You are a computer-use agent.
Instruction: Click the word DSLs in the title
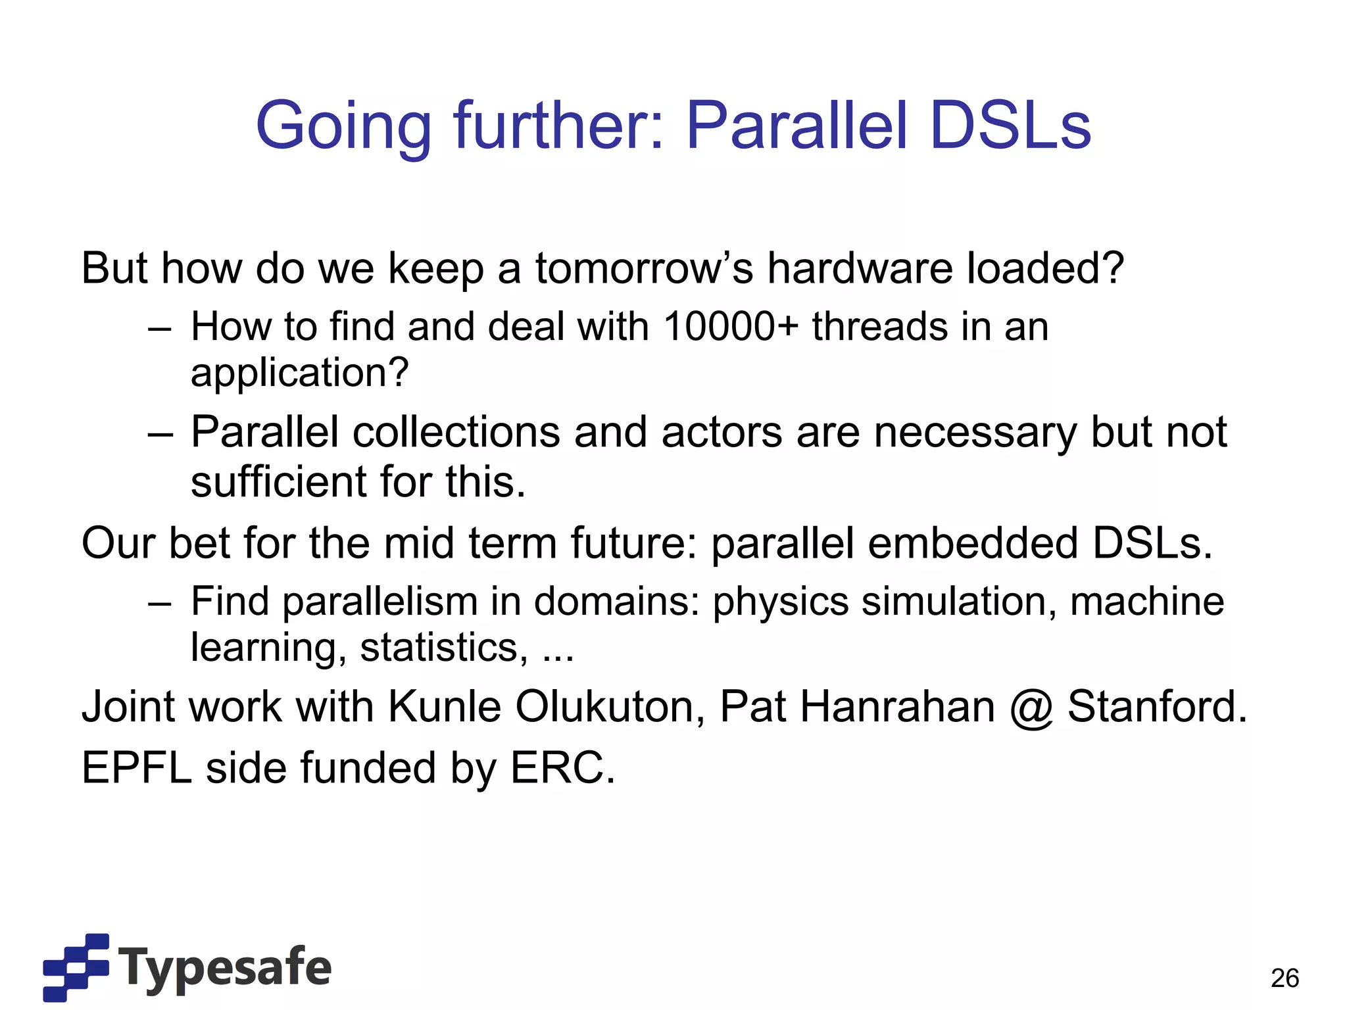(1010, 125)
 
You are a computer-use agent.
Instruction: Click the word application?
(299, 373)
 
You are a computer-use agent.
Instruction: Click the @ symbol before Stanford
(1031, 708)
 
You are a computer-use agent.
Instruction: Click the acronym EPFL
(136, 768)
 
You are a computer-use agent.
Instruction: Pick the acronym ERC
(562, 768)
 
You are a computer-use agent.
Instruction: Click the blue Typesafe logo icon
(76, 967)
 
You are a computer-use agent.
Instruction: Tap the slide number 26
(1285, 978)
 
